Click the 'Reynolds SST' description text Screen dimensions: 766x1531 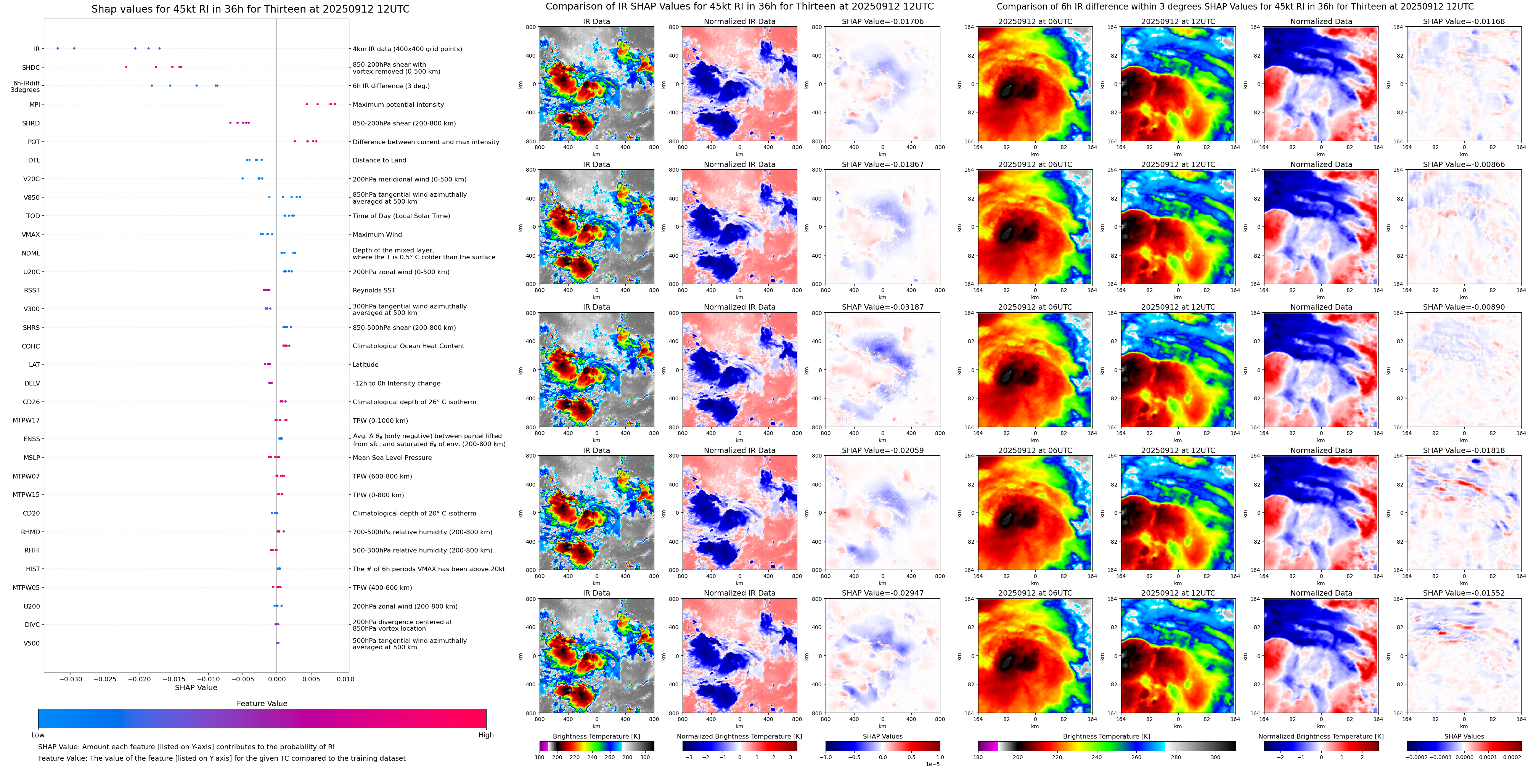click(374, 291)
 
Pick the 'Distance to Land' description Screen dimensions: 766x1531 click(379, 161)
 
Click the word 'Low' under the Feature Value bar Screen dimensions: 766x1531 click(38, 735)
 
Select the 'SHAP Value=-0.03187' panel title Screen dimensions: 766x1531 click(883, 307)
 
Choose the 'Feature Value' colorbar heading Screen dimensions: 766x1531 click(262, 703)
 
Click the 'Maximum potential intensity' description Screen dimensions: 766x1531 click(398, 104)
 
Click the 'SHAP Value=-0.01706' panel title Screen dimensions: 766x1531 click(883, 21)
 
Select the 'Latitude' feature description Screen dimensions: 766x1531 click(366, 365)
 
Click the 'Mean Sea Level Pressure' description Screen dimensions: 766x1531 click(392, 458)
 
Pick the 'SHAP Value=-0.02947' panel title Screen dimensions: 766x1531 click(883, 593)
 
